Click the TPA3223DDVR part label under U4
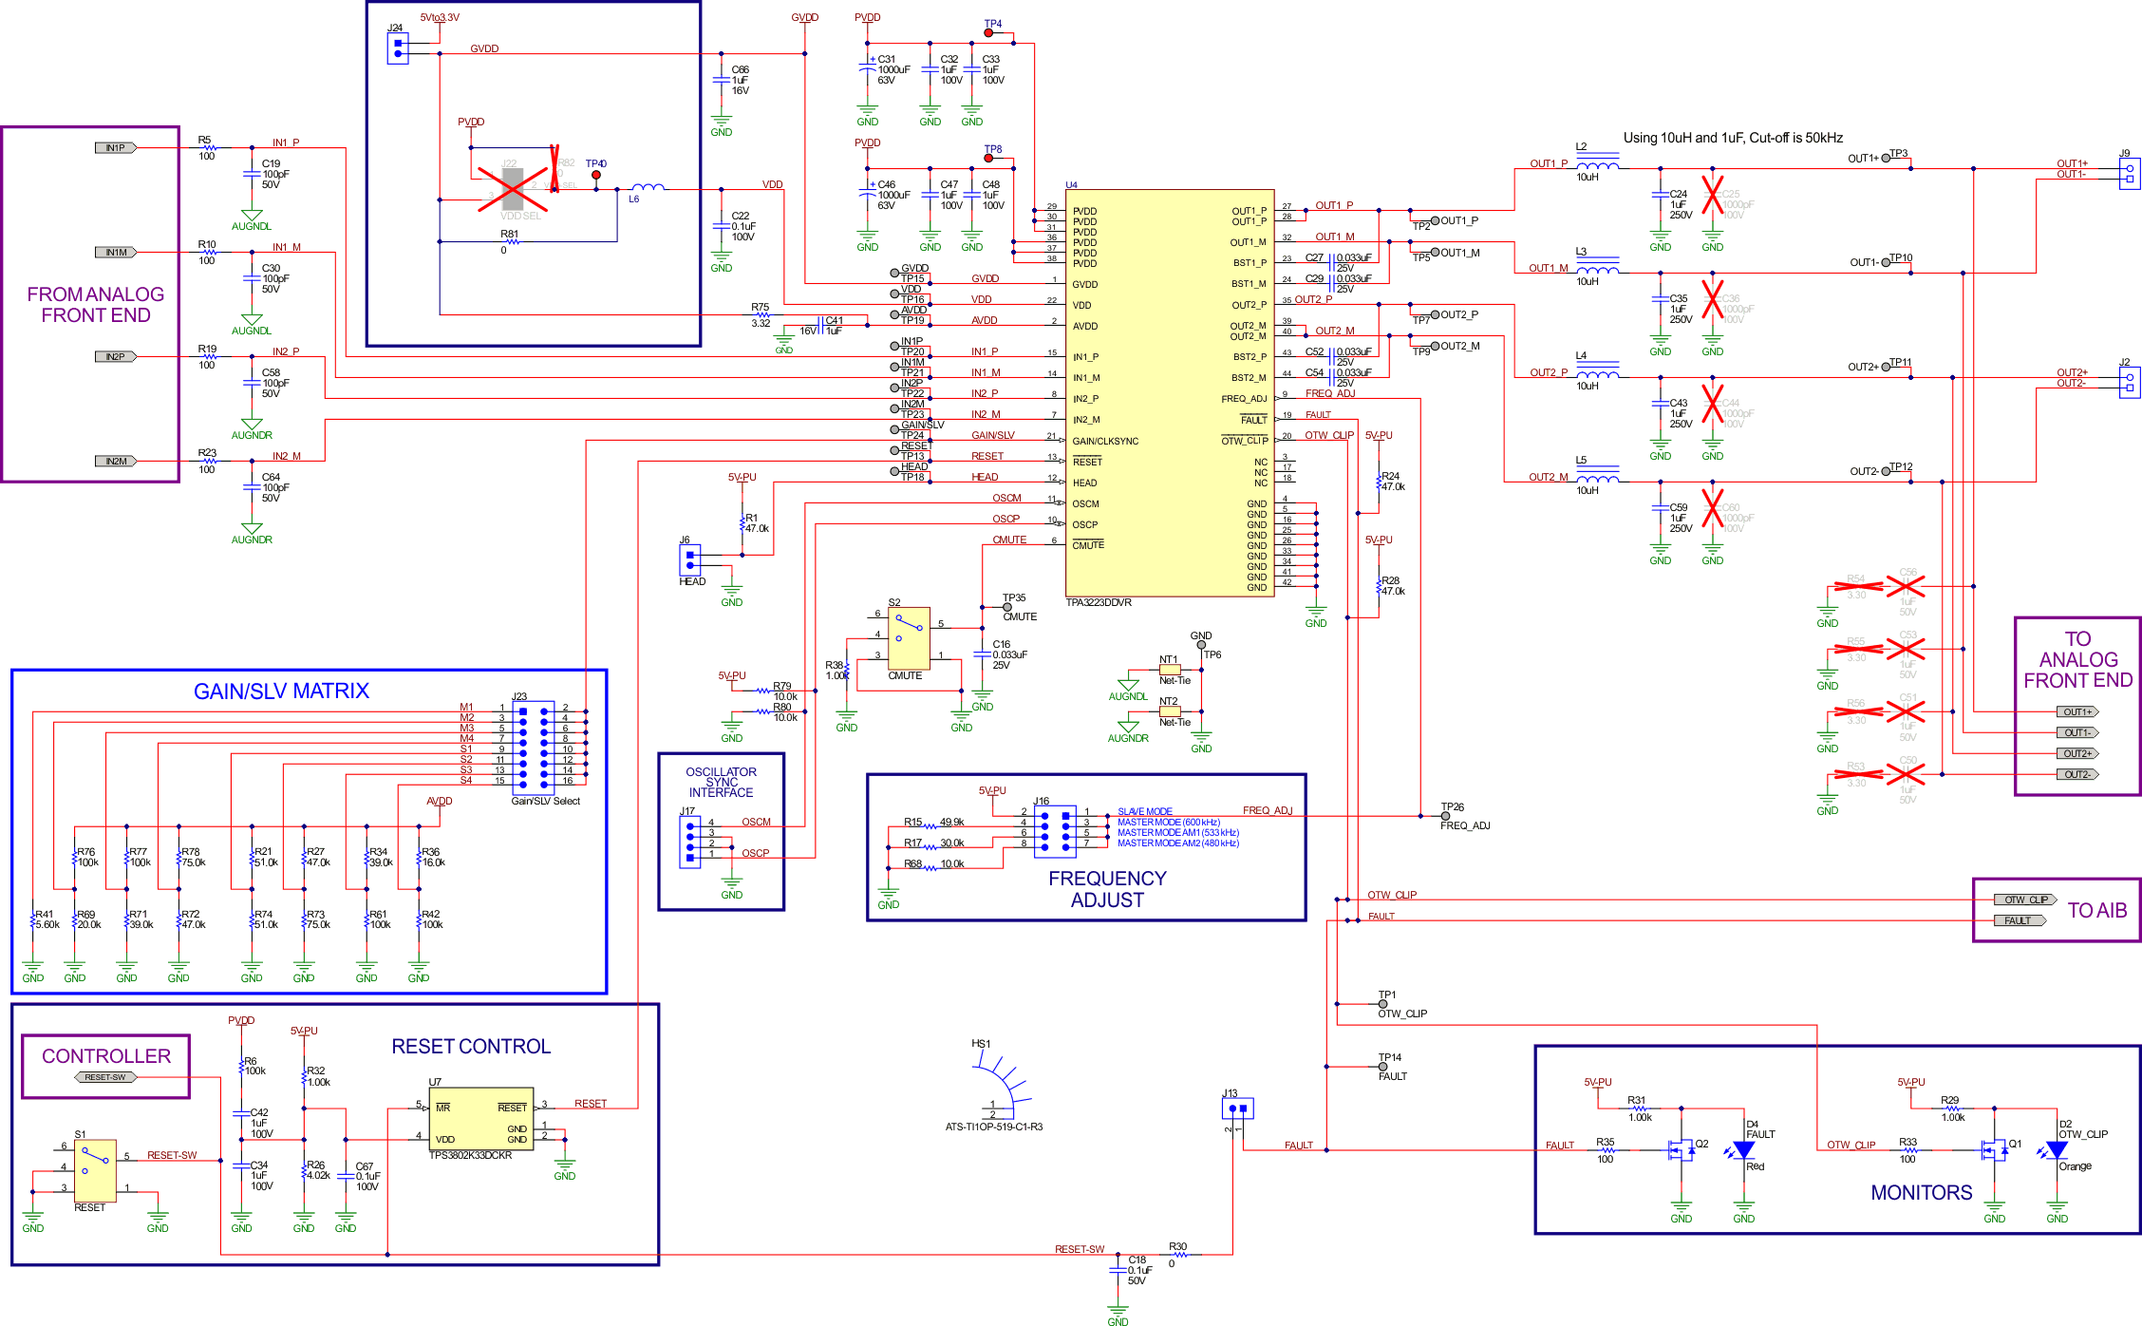pos(1099,603)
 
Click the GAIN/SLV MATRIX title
pos(281,691)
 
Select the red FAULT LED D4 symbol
pos(1743,1150)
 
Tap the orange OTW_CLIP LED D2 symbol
pos(2057,1149)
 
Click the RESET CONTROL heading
pos(471,1047)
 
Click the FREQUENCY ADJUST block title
pos(1107,889)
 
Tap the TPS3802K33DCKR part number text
pos(470,1156)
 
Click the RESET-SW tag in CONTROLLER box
pos(105,1077)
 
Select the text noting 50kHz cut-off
pos(1733,138)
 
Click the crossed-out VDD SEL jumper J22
pos(513,189)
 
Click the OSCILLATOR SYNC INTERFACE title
pos(721,783)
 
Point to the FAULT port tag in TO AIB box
pos(2019,920)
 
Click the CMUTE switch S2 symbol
pos(909,638)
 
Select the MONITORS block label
pos(1921,1193)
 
